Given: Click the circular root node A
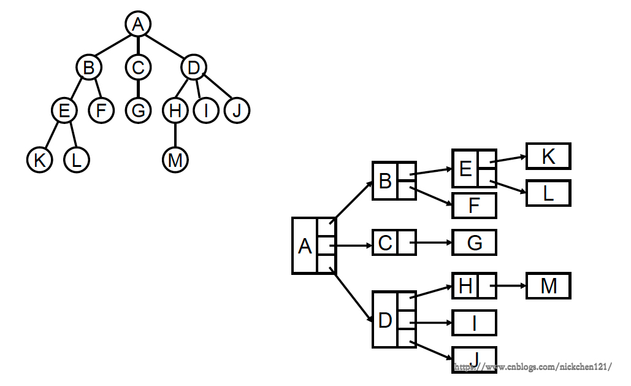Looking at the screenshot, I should [138, 24].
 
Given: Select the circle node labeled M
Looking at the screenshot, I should [175, 160].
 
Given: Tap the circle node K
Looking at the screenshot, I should [40, 160].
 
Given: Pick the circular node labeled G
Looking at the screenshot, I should [139, 111].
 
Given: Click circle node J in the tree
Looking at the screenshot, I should [237, 111].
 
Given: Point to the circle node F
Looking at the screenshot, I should [101, 111].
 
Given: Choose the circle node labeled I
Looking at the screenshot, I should [206, 111].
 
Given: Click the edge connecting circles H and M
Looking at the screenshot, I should [175, 136].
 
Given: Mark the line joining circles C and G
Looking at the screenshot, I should [139, 89].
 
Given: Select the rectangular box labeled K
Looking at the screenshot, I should [548, 156].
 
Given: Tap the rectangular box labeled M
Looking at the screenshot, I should [548, 286].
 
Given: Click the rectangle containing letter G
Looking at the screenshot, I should [474, 243].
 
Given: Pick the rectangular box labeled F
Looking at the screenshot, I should [474, 206].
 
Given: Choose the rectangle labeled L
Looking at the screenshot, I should [548, 193].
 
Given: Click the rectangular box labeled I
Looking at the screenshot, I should [474, 323].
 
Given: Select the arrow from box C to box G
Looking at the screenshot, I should [432, 243].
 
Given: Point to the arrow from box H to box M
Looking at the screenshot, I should [509, 286].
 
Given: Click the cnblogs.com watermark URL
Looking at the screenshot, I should [532, 367].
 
